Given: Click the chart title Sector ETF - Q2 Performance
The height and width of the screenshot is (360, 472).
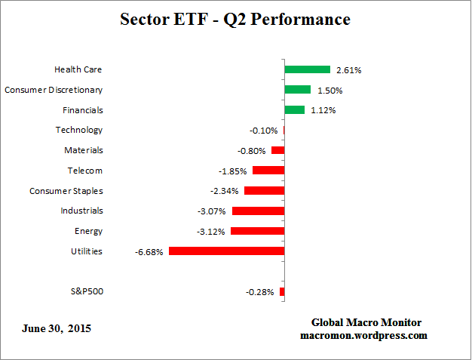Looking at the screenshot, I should [x=235, y=19].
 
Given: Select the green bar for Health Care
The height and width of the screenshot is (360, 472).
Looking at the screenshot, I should [x=307, y=69].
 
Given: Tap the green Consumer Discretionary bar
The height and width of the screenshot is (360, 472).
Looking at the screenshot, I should [x=297, y=90].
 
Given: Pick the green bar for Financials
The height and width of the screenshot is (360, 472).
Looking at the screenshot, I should [x=294, y=110].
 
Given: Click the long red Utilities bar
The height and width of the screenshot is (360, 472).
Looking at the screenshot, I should [x=226, y=251].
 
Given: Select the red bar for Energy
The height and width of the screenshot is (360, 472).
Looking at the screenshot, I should [x=257, y=231].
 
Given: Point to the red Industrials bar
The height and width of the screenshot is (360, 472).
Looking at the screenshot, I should [x=258, y=211].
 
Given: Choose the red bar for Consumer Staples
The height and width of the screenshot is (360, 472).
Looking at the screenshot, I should [x=264, y=191].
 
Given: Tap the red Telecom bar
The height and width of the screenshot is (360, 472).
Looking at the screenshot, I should [x=268, y=171].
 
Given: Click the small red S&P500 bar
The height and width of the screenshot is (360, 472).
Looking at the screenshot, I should [x=282, y=291].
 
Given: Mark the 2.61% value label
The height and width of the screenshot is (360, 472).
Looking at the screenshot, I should [x=349, y=70].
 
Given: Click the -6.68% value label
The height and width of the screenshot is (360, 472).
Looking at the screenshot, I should [x=149, y=252].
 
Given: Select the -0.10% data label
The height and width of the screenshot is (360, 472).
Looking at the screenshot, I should [x=265, y=131].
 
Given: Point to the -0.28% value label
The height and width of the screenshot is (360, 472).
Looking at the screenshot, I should [x=259, y=292].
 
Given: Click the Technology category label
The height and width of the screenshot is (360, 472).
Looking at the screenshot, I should [x=78, y=130].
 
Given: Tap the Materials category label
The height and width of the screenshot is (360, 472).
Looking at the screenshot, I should [x=83, y=150].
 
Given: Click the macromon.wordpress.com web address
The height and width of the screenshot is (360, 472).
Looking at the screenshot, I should [x=364, y=335].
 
